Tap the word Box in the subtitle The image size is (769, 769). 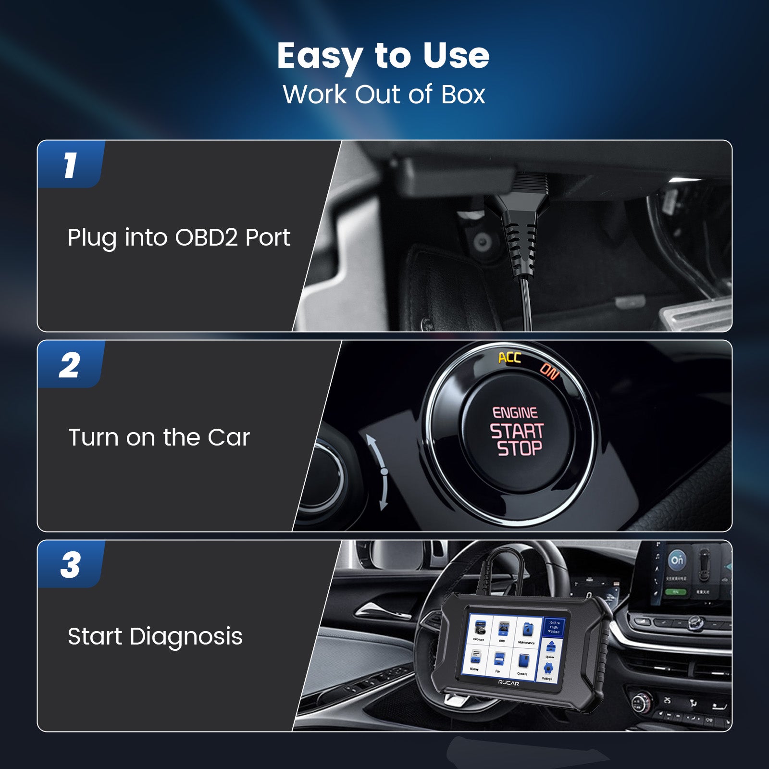click(x=463, y=94)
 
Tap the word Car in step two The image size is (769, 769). click(x=229, y=437)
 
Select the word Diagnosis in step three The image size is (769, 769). click(x=186, y=637)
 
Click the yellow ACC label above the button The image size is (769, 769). click(x=509, y=358)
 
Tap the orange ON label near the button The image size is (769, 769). click(x=549, y=371)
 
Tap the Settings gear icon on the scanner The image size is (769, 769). click(x=548, y=669)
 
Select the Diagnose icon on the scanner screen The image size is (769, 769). click(x=479, y=628)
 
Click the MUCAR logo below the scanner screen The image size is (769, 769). click(x=508, y=683)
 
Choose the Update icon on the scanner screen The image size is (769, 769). click(x=551, y=646)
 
